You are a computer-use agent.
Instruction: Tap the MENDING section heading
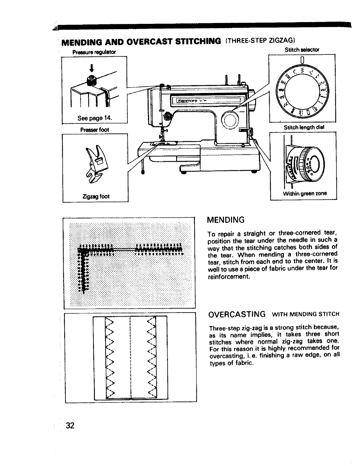pos(226,220)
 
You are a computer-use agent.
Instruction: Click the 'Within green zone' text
pos(305,194)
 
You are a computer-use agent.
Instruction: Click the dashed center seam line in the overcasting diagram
pos(130,356)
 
